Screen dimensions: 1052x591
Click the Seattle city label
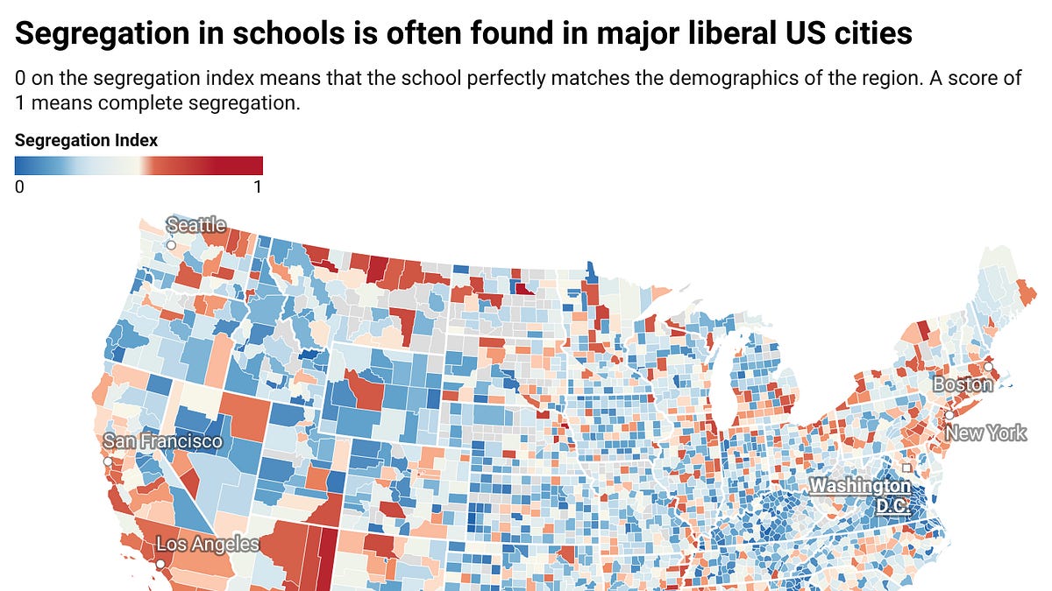pyautogui.click(x=196, y=225)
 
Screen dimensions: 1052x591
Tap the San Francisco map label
pyautogui.click(x=162, y=441)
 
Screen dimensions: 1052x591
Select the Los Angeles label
pyautogui.click(x=208, y=544)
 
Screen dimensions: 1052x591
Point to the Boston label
pyautogui.click(x=963, y=384)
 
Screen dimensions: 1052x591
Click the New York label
pyautogui.click(x=985, y=433)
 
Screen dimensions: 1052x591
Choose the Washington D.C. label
pyautogui.click(x=860, y=496)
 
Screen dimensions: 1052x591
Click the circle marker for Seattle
pyautogui.click(x=172, y=245)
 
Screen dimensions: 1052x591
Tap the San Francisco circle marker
pyautogui.click(x=108, y=461)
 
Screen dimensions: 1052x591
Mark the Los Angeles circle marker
pyautogui.click(x=160, y=564)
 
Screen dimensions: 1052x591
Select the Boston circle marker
pyautogui.click(x=988, y=367)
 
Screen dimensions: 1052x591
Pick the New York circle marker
pyautogui.click(x=949, y=415)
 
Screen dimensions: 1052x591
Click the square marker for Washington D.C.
pyautogui.click(x=906, y=468)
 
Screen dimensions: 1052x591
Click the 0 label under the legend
pyautogui.click(x=19, y=187)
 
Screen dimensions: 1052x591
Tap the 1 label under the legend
pyautogui.click(x=258, y=187)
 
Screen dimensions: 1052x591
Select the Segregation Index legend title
pyautogui.click(x=87, y=140)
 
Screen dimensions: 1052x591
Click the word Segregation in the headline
pyautogui.click(x=102, y=34)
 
